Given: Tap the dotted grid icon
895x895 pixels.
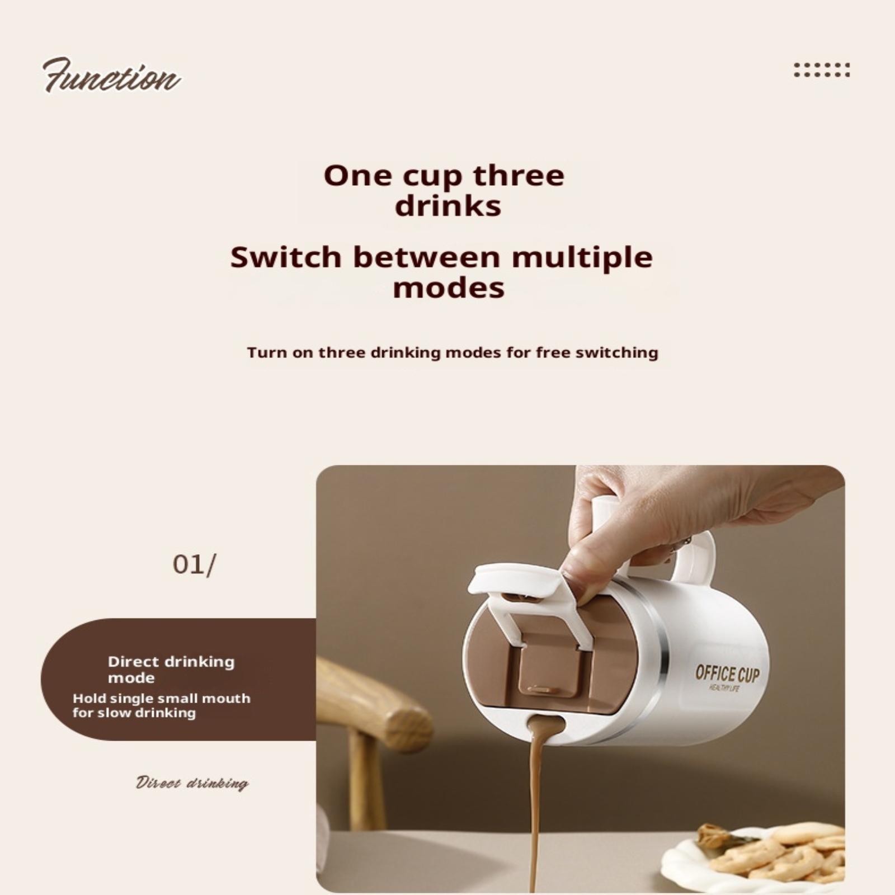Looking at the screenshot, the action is (822, 70).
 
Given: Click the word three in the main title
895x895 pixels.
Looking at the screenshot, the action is (519, 176).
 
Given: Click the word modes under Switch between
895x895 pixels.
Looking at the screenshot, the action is (449, 288).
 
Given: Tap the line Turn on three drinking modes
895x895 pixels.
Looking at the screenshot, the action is (453, 353).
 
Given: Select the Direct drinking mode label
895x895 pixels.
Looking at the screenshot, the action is (171, 670).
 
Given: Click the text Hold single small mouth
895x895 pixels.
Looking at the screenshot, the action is (162, 698).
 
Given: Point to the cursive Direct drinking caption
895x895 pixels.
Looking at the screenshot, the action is (192, 783).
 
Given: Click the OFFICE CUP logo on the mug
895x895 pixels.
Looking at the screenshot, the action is (727, 673).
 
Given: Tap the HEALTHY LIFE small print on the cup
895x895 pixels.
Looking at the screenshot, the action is (724, 688).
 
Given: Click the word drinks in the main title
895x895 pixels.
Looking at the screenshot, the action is (448, 206).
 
